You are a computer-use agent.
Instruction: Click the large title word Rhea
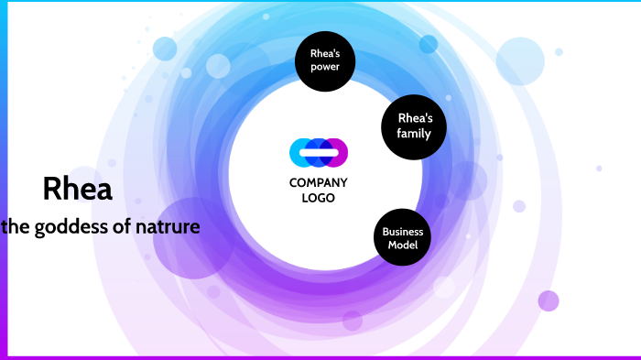[78, 190]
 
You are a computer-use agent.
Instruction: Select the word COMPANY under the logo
[319, 182]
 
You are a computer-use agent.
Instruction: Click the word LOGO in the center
[319, 198]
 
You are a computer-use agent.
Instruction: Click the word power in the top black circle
[325, 67]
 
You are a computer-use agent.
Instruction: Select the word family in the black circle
[414, 134]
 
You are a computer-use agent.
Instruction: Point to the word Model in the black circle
[402, 245]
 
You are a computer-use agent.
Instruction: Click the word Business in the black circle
[402, 232]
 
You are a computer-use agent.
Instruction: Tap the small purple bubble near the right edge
[549, 300]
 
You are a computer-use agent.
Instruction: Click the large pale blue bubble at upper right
[520, 60]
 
